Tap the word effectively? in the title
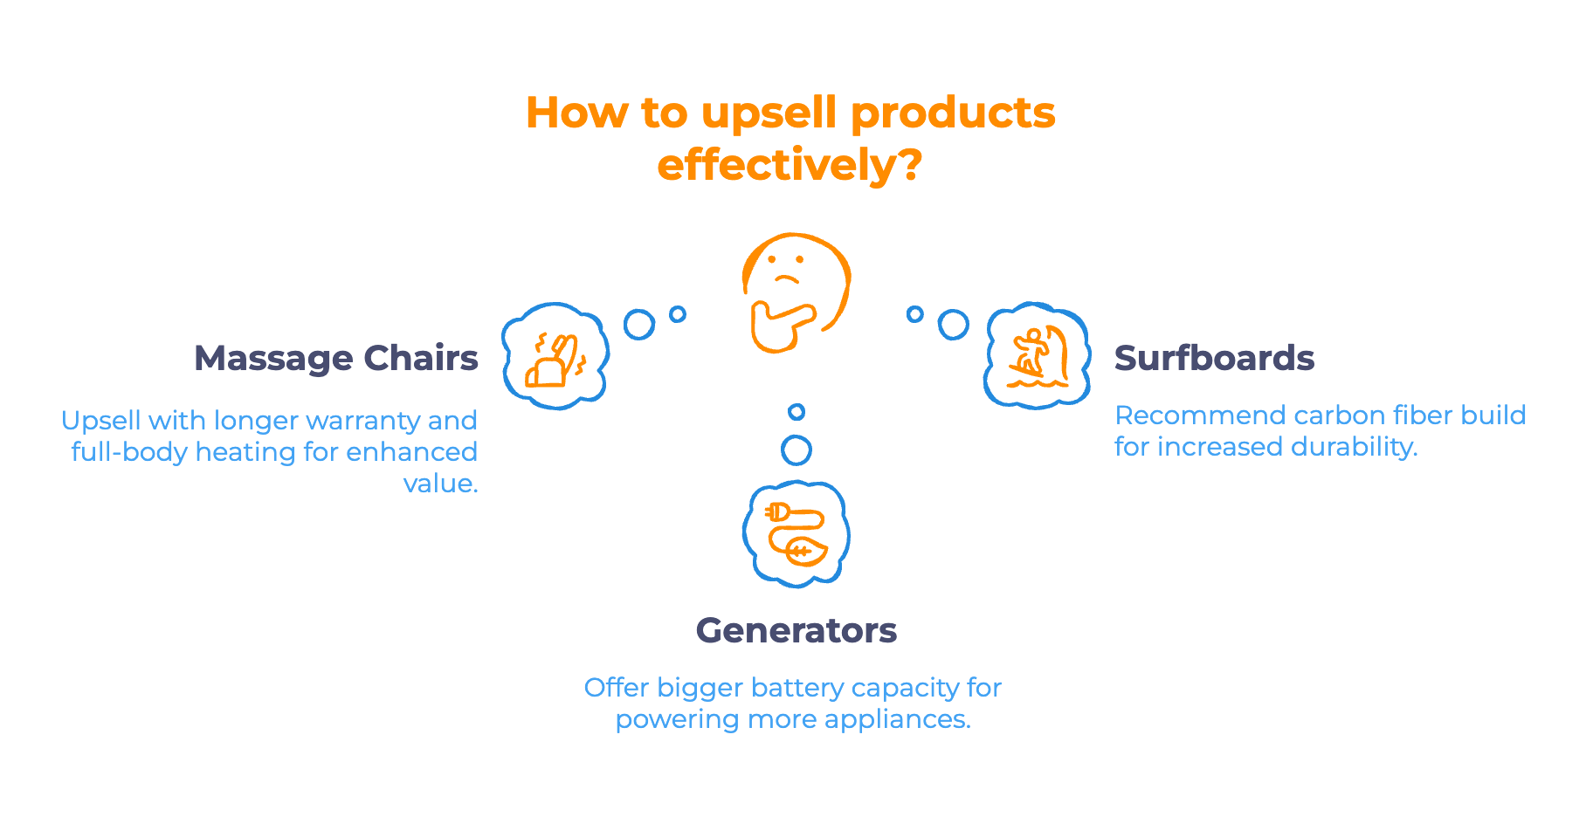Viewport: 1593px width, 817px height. (x=789, y=165)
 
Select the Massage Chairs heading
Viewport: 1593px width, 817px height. (x=336, y=358)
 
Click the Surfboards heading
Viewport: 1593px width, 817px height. (x=1214, y=358)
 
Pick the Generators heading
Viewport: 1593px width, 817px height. (x=796, y=630)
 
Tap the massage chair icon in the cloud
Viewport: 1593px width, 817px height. (x=555, y=357)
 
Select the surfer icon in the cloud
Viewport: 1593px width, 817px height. (x=1038, y=355)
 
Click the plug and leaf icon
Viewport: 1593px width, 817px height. (x=796, y=533)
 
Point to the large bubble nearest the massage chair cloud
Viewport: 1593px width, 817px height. (x=639, y=324)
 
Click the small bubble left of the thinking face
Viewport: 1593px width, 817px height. (x=678, y=314)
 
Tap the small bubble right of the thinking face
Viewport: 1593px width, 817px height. (x=914, y=314)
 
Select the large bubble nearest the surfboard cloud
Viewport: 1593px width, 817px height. (x=953, y=324)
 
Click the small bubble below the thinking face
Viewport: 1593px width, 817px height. (x=796, y=412)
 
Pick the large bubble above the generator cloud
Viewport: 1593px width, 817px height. (x=796, y=450)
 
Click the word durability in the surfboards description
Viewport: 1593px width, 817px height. (x=1353, y=447)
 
